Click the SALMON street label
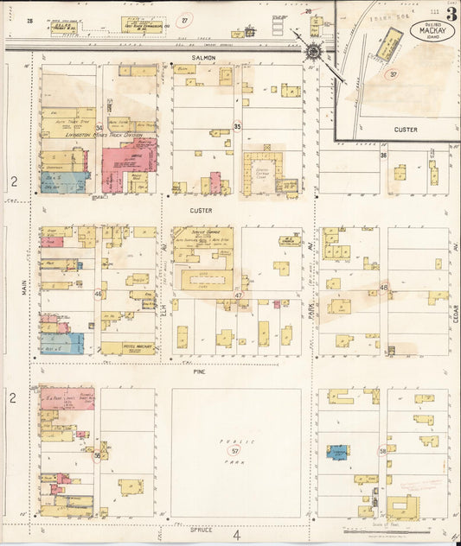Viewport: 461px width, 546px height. [x=203, y=58]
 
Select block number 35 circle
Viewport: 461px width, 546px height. [x=237, y=126]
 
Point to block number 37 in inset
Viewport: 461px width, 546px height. [x=393, y=74]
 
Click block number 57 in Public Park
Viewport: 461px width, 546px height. [x=234, y=450]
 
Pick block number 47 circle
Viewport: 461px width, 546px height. [x=238, y=295]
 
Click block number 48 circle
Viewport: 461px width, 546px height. [x=384, y=288]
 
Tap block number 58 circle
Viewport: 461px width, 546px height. [x=382, y=451]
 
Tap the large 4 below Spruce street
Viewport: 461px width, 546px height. [x=236, y=535]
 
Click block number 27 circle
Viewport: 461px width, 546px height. [x=183, y=19]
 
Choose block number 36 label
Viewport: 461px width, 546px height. [x=382, y=156]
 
